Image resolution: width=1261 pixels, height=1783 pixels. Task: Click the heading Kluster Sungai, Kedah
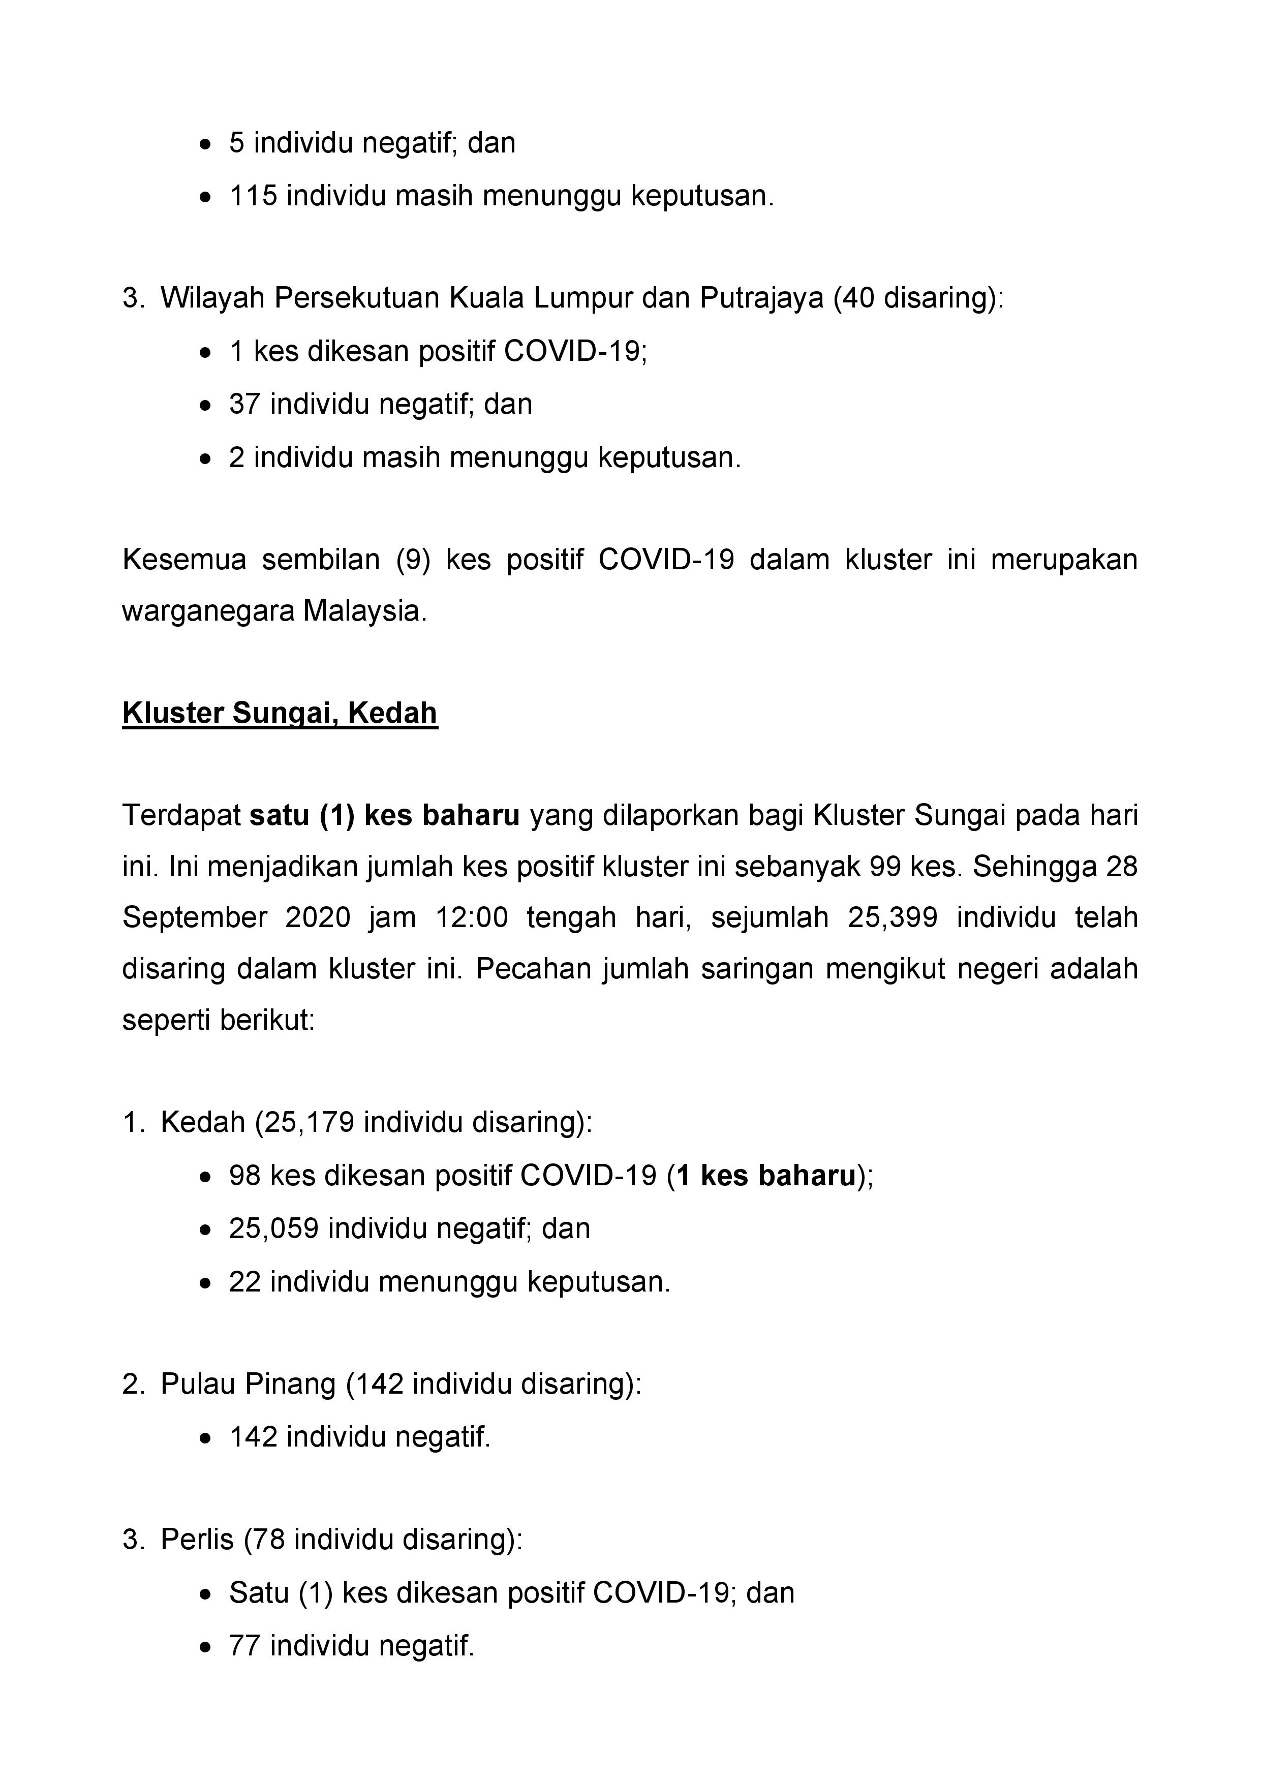[x=280, y=713]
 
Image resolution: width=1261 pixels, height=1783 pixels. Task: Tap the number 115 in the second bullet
[x=253, y=196]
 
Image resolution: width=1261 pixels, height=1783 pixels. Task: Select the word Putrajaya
[x=761, y=298]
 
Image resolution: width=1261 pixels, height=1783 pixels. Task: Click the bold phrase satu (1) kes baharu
[x=384, y=815]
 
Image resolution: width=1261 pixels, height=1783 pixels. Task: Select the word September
[x=195, y=918]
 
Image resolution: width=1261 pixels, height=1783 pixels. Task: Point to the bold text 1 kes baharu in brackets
[x=765, y=1176]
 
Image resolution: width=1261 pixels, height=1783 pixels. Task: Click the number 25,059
[x=273, y=1228]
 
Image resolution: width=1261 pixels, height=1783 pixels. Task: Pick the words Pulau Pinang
[x=248, y=1384]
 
